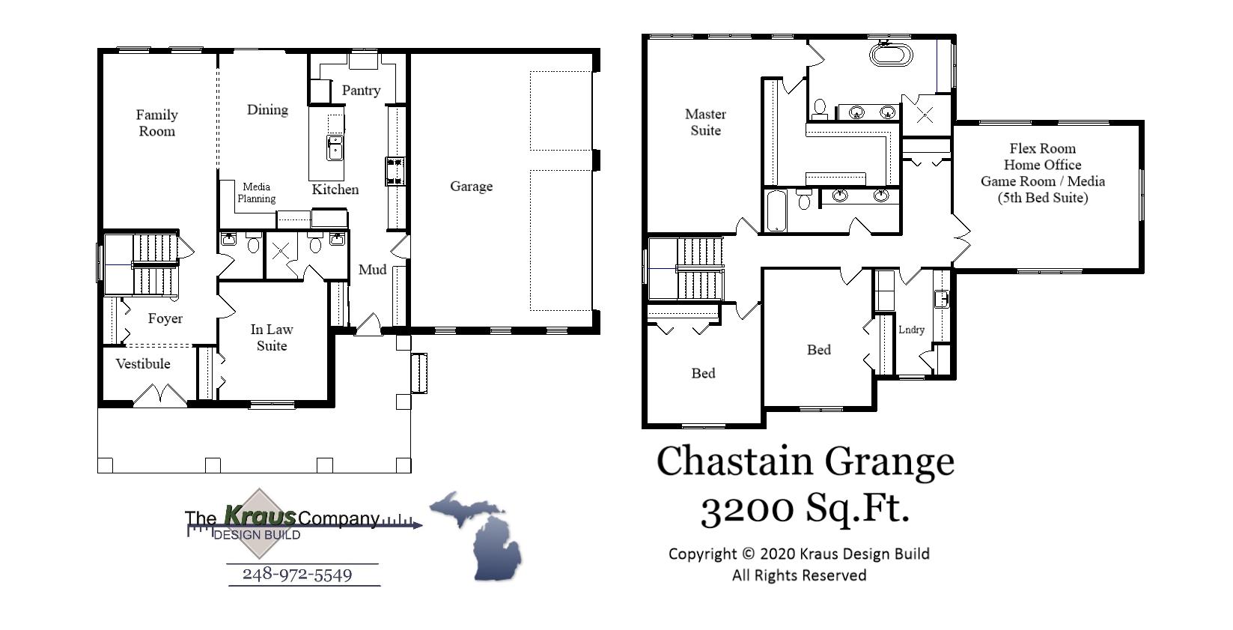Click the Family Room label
point(156,123)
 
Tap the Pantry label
point(361,91)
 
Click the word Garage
point(471,187)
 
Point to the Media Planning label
point(256,193)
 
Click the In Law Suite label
point(272,338)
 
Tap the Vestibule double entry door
point(160,396)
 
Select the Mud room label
point(372,270)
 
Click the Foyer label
point(165,319)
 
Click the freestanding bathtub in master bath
point(891,55)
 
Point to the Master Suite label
point(705,122)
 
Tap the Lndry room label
point(911,330)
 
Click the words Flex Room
point(1042,149)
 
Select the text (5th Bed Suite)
point(1042,199)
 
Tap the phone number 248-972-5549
point(297,575)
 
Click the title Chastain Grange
point(806,461)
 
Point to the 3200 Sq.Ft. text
point(806,509)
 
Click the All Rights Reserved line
point(799,575)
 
